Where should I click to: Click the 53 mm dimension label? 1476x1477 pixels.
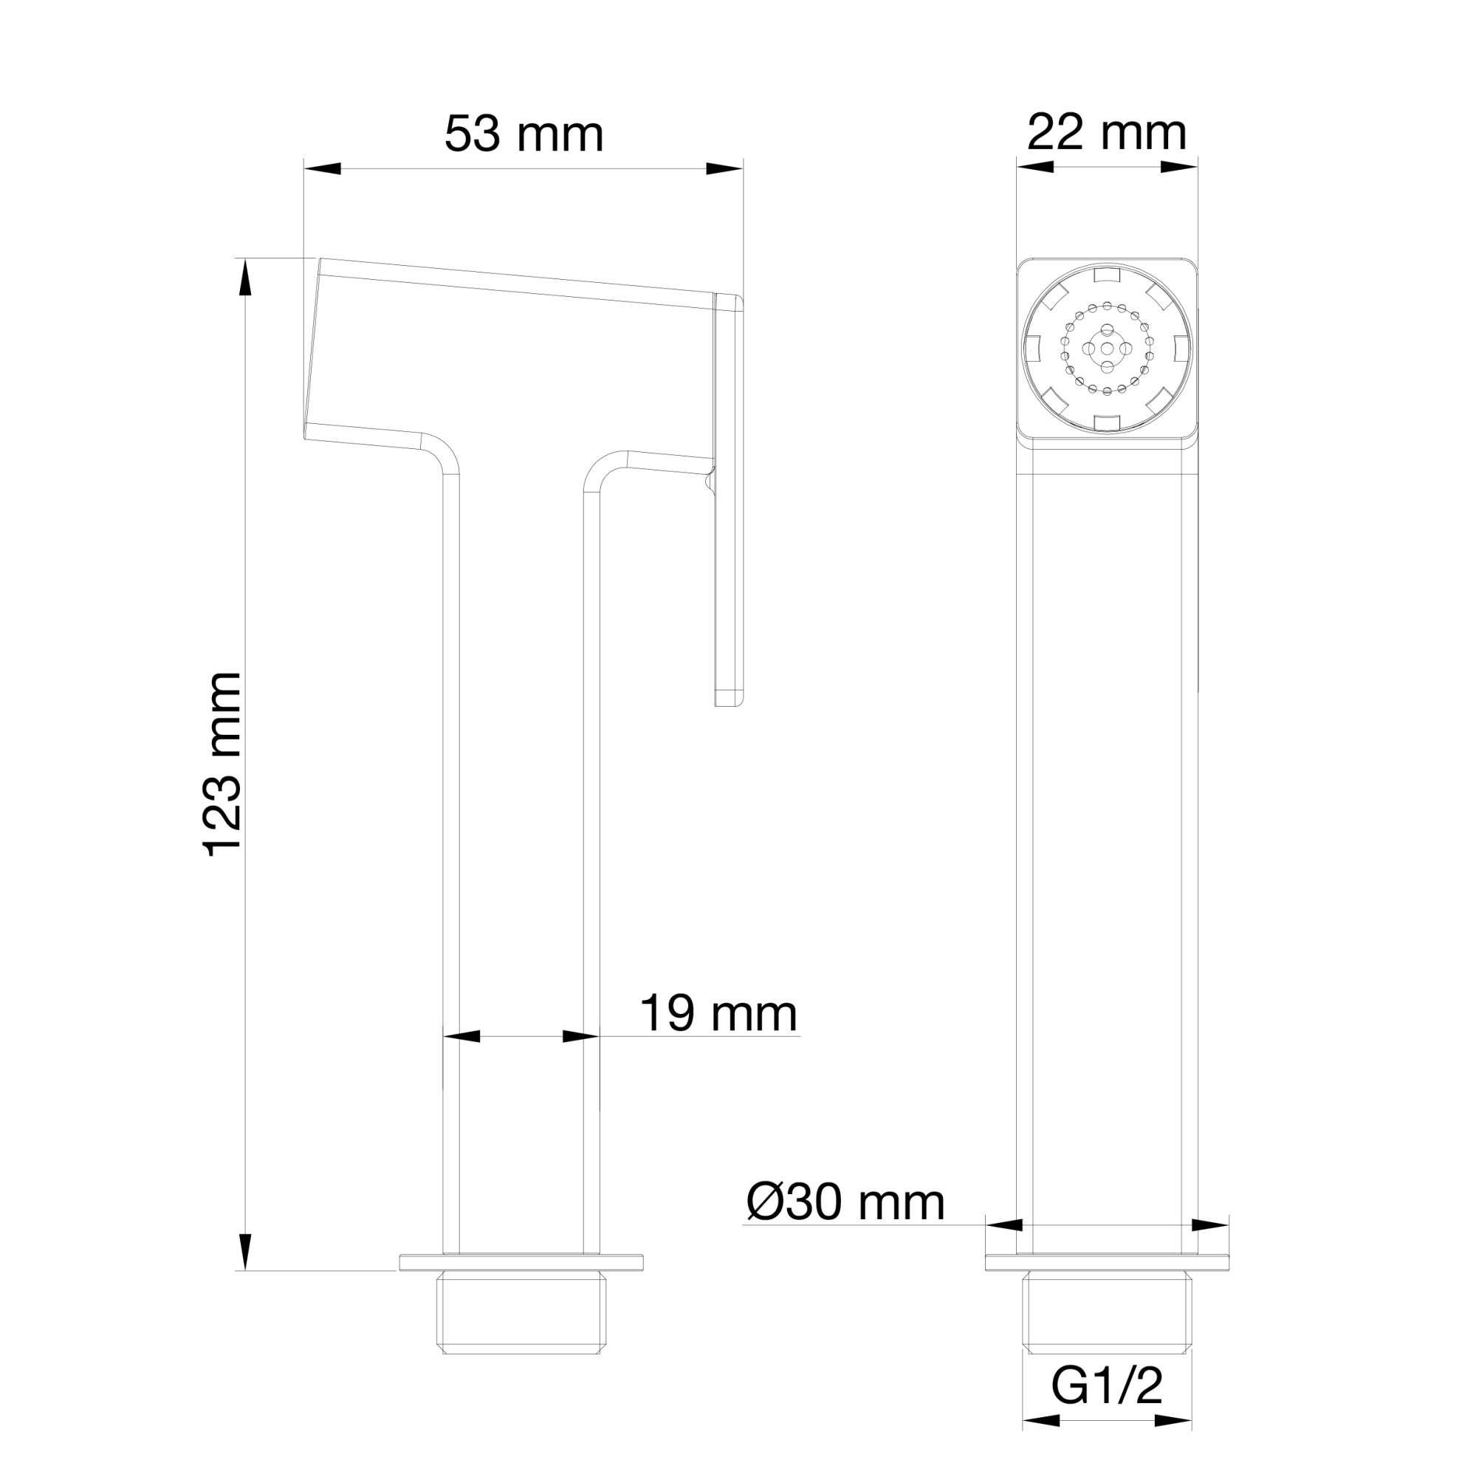click(524, 134)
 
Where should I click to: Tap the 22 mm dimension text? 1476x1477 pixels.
click(1106, 133)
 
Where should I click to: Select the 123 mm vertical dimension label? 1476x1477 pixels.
click(223, 764)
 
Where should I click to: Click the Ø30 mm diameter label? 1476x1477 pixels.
click(845, 1202)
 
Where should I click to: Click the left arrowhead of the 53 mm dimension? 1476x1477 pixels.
click(322, 169)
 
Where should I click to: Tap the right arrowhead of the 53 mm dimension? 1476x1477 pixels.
click(725, 169)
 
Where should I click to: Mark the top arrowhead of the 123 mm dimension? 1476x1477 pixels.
click(245, 278)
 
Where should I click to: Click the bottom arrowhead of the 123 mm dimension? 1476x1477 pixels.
click(245, 1252)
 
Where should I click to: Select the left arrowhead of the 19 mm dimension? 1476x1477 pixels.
click(461, 1037)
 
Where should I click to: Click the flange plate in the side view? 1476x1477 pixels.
click(521, 1262)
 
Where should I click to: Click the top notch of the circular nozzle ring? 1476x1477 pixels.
click(1107, 275)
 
